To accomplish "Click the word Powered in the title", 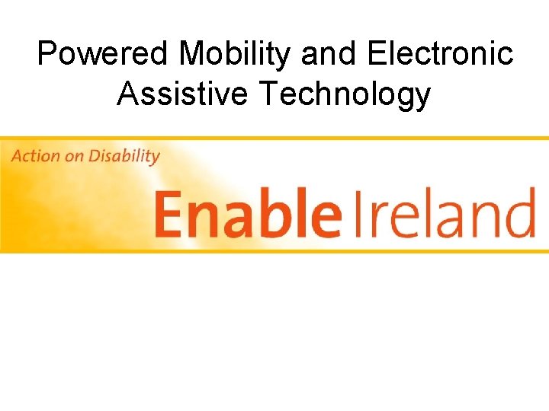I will point(104,55).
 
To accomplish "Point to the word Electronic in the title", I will point(440,55).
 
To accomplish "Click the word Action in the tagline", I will point(35,157).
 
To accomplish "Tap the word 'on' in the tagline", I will point(75,157).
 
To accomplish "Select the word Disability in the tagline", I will point(124,157).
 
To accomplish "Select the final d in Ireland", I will point(519,211).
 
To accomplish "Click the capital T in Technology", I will point(269,94).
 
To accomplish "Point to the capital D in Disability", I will point(95,157).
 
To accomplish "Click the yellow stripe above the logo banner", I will point(274,139).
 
